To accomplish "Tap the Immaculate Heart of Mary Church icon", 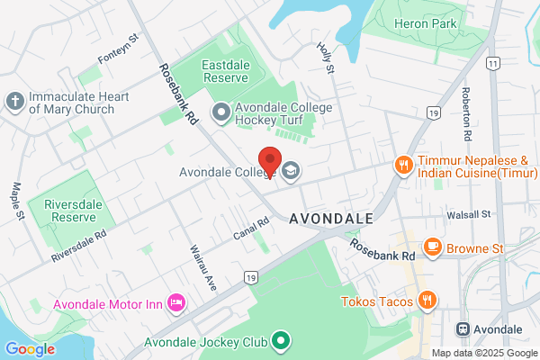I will click(14, 101).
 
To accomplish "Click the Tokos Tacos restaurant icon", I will click(428, 301).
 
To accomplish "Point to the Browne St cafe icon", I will click(433, 246).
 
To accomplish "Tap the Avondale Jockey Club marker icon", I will click(281, 342).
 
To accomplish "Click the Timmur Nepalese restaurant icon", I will click(404, 164).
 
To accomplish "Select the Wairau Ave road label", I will click(199, 263).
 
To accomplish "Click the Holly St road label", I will click(326, 58).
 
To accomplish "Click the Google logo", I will click(30, 348).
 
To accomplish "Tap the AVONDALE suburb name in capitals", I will click(330, 219).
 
